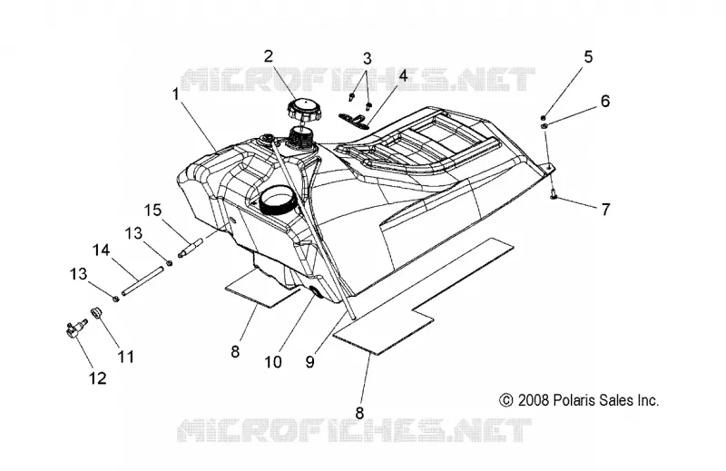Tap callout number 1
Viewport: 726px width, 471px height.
click(x=175, y=94)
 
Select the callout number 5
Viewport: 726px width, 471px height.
click(x=588, y=57)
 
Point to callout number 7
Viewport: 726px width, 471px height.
click(x=605, y=210)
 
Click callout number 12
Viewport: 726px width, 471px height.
click(x=98, y=378)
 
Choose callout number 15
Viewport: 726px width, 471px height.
click(x=152, y=211)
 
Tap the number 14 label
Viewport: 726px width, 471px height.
click(x=102, y=250)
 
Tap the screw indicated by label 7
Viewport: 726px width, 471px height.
click(x=554, y=197)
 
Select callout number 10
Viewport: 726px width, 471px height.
click(x=273, y=362)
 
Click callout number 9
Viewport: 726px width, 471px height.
click(x=310, y=362)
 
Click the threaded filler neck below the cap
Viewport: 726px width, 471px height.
click(x=302, y=136)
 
